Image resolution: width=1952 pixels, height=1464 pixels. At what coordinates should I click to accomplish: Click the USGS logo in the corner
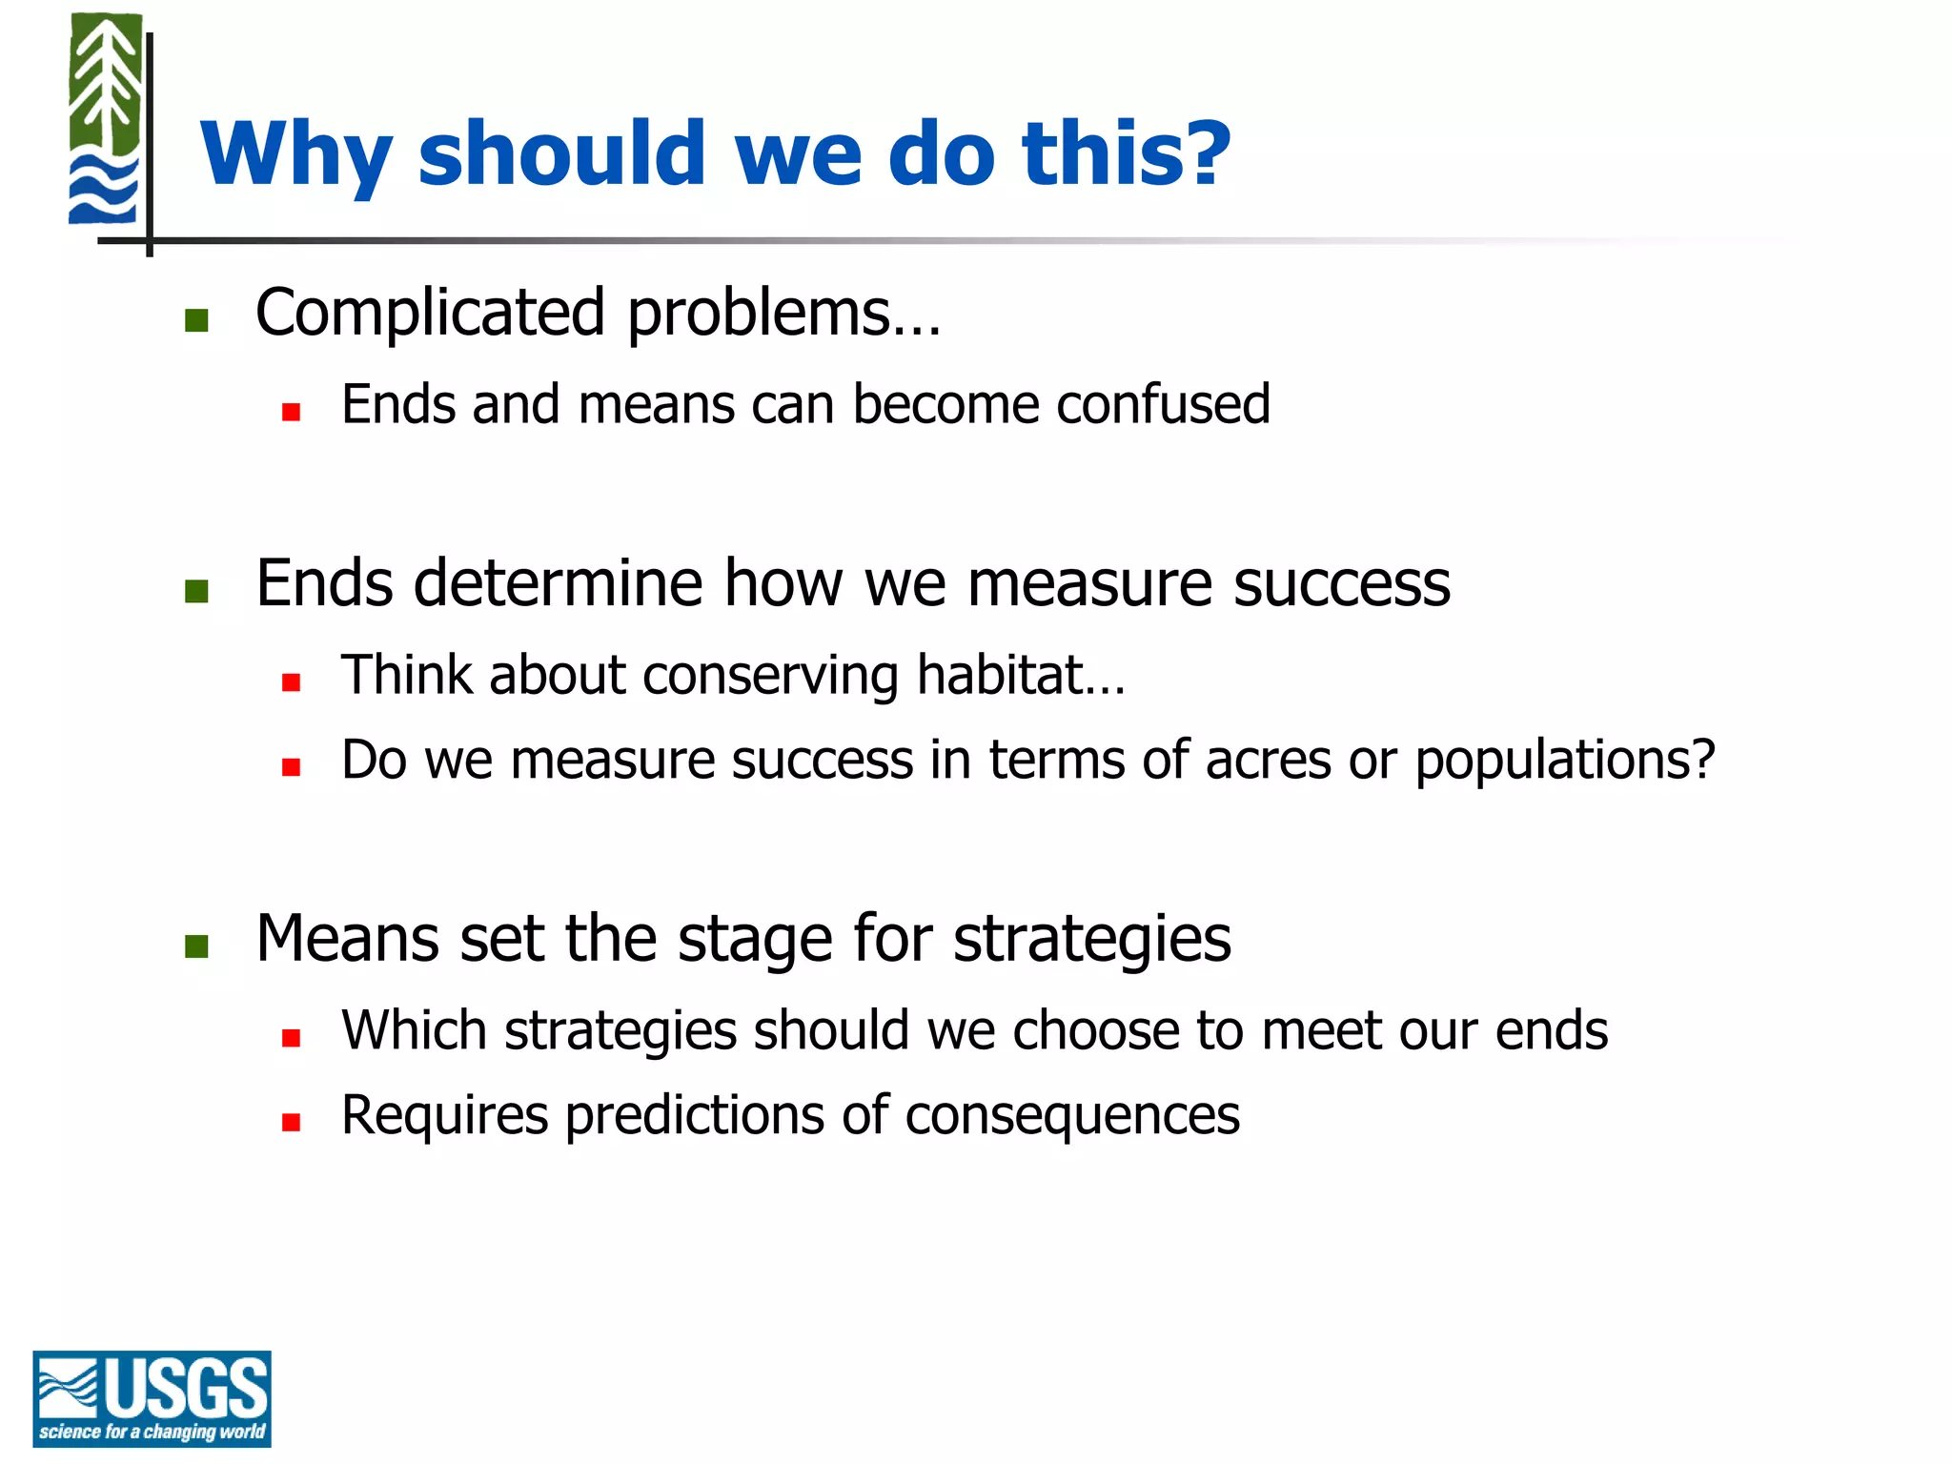coord(152,1397)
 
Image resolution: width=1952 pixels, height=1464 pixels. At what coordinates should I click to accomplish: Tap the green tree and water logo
coord(105,119)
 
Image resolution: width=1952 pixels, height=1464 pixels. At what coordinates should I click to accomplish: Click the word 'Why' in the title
coord(295,155)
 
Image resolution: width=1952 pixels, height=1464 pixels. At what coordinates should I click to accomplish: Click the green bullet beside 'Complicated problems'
coord(196,320)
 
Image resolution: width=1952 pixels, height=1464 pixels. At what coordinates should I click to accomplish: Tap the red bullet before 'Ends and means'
coord(292,412)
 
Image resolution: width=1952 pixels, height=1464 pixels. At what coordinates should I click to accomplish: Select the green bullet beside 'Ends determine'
coord(196,591)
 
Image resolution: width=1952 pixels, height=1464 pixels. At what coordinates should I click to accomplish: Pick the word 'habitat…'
coord(1020,675)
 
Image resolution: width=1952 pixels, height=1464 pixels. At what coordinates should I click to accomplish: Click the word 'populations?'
coord(1564,762)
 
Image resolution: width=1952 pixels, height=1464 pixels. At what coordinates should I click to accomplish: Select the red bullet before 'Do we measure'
coord(292,767)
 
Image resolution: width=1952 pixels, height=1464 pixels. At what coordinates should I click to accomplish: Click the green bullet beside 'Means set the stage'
coord(196,946)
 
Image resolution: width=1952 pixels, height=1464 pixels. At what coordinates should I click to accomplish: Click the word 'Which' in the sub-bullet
coord(414,1030)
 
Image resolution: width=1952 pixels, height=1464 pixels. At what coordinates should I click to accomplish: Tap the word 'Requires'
coord(444,1115)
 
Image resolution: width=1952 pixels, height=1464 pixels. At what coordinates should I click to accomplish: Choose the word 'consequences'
coord(1071,1116)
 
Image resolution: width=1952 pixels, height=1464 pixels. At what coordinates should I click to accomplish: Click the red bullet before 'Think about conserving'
coord(292,682)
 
